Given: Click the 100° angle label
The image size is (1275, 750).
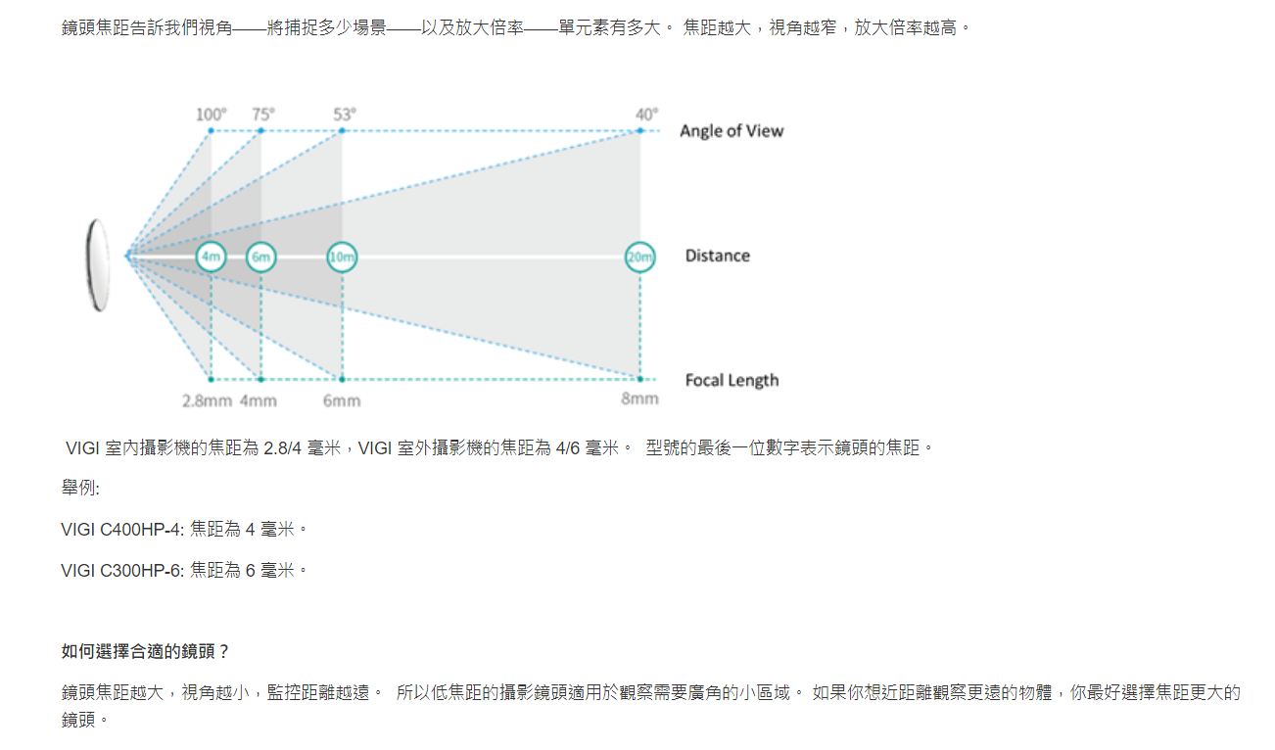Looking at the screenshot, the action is (x=212, y=115).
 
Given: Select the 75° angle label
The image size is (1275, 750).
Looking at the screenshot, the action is (x=263, y=115).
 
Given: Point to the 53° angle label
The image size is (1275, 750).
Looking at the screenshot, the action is (x=345, y=115).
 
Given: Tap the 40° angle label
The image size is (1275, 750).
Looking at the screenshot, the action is (x=647, y=115).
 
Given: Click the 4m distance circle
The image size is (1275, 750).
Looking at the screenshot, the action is (x=212, y=258).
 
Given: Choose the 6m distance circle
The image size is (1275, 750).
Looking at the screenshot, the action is (x=261, y=258).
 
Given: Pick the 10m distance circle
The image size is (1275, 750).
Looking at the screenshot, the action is (x=342, y=258).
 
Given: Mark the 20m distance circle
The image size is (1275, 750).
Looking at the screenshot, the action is (x=639, y=258).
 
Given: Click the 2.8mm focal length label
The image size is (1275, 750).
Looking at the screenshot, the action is (x=208, y=401).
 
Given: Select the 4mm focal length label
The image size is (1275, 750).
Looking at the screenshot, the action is (x=259, y=401).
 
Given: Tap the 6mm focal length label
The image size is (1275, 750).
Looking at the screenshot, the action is (x=342, y=401).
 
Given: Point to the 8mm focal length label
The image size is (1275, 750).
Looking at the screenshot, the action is (x=639, y=398).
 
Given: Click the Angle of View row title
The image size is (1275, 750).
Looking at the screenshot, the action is (x=732, y=131).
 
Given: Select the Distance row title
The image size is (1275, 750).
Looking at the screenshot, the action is (x=717, y=256).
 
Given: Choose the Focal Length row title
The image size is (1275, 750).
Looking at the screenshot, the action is (x=732, y=380).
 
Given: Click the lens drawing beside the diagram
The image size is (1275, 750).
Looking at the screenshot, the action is (x=98, y=265).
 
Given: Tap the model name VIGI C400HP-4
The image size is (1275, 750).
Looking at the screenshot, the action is (x=120, y=530).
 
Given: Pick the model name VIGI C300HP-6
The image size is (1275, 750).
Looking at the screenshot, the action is (x=120, y=571).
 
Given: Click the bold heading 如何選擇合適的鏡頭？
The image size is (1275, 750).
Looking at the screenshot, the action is (x=145, y=651).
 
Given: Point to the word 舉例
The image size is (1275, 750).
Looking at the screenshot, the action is (x=78, y=489).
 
